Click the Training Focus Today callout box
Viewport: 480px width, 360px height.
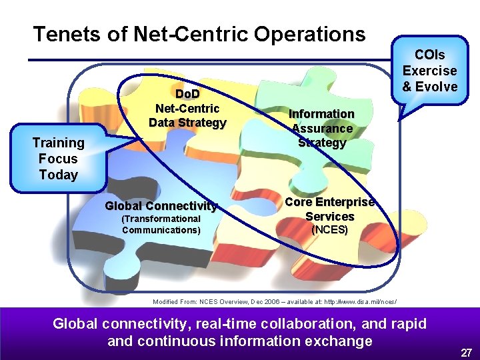tap(59, 159)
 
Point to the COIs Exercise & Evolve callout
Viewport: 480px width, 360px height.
tap(430, 71)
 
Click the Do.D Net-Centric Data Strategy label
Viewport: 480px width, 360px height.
tap(187, 108)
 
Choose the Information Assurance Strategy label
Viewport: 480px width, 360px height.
tap(322, 128)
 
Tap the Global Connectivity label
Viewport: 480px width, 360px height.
tap(161, 206)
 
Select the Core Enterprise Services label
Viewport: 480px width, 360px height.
tap(330, 209)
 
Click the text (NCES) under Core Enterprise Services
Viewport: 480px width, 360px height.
tap(330, 230)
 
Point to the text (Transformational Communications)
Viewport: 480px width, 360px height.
tap(161, 225)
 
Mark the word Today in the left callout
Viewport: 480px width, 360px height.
tap(59, 175)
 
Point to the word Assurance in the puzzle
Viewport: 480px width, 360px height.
tap(322, 128)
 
